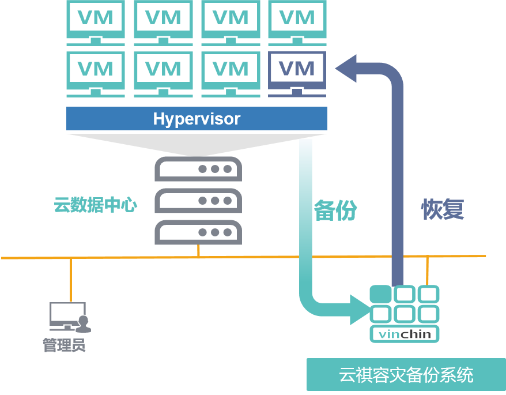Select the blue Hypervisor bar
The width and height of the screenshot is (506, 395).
point(197,119)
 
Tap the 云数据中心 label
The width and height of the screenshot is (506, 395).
point(96,205)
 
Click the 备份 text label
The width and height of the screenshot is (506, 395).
point(335,210)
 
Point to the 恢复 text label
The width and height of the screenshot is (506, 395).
point(443,209)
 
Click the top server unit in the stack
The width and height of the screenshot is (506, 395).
point(198,169)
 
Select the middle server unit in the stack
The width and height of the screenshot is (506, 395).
point(198,201)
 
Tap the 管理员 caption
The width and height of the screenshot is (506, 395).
point(64,345)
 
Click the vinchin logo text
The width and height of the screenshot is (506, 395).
point(405,334)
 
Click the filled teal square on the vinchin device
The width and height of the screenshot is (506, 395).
point(380,294)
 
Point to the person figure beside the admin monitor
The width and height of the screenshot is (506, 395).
point(84,325)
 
